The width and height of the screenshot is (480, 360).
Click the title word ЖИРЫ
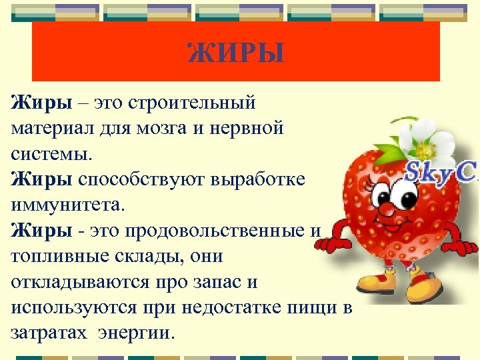[235, 52]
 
